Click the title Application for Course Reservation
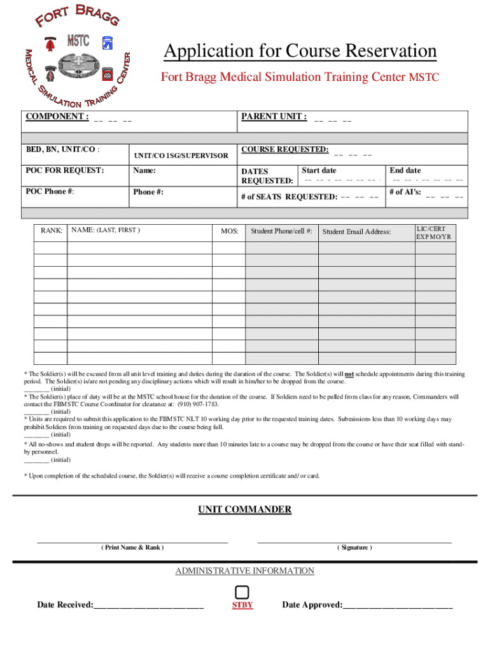click(x=300, y=51)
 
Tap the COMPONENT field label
click(x=56, y=117)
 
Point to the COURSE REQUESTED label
click(x=284, y=150)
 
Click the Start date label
click(x=319, y=171)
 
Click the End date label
click(x=405, y=171)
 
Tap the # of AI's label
click(x=405, y=192)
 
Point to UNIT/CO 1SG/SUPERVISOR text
click(x=181, y=155)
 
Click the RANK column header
click(x=51, y=230)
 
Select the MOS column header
click(x=229, y=231)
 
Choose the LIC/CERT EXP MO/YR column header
click(x=435, y=232)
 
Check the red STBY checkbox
click(x=242, y=592)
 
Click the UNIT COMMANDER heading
click(x=244, y=509)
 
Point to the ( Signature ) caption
click(x=354, y=548)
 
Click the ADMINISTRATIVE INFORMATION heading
click(x=244, y=570)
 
